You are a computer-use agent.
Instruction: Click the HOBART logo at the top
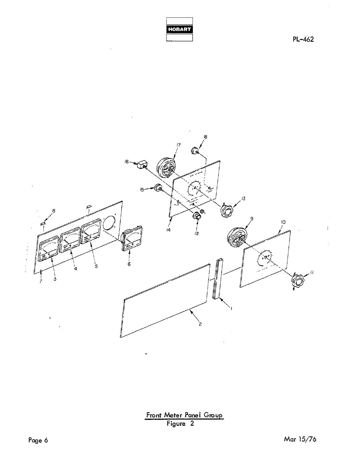(x=180, y=29)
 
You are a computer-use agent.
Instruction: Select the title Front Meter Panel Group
(x=185, y=415)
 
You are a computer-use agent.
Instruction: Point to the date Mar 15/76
(x=300, y=439)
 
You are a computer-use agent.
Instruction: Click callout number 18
(x=205, y=137)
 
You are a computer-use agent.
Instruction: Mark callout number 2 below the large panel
(x=200, y=324)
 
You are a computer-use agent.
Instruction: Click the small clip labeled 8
(x=43, y=222)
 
